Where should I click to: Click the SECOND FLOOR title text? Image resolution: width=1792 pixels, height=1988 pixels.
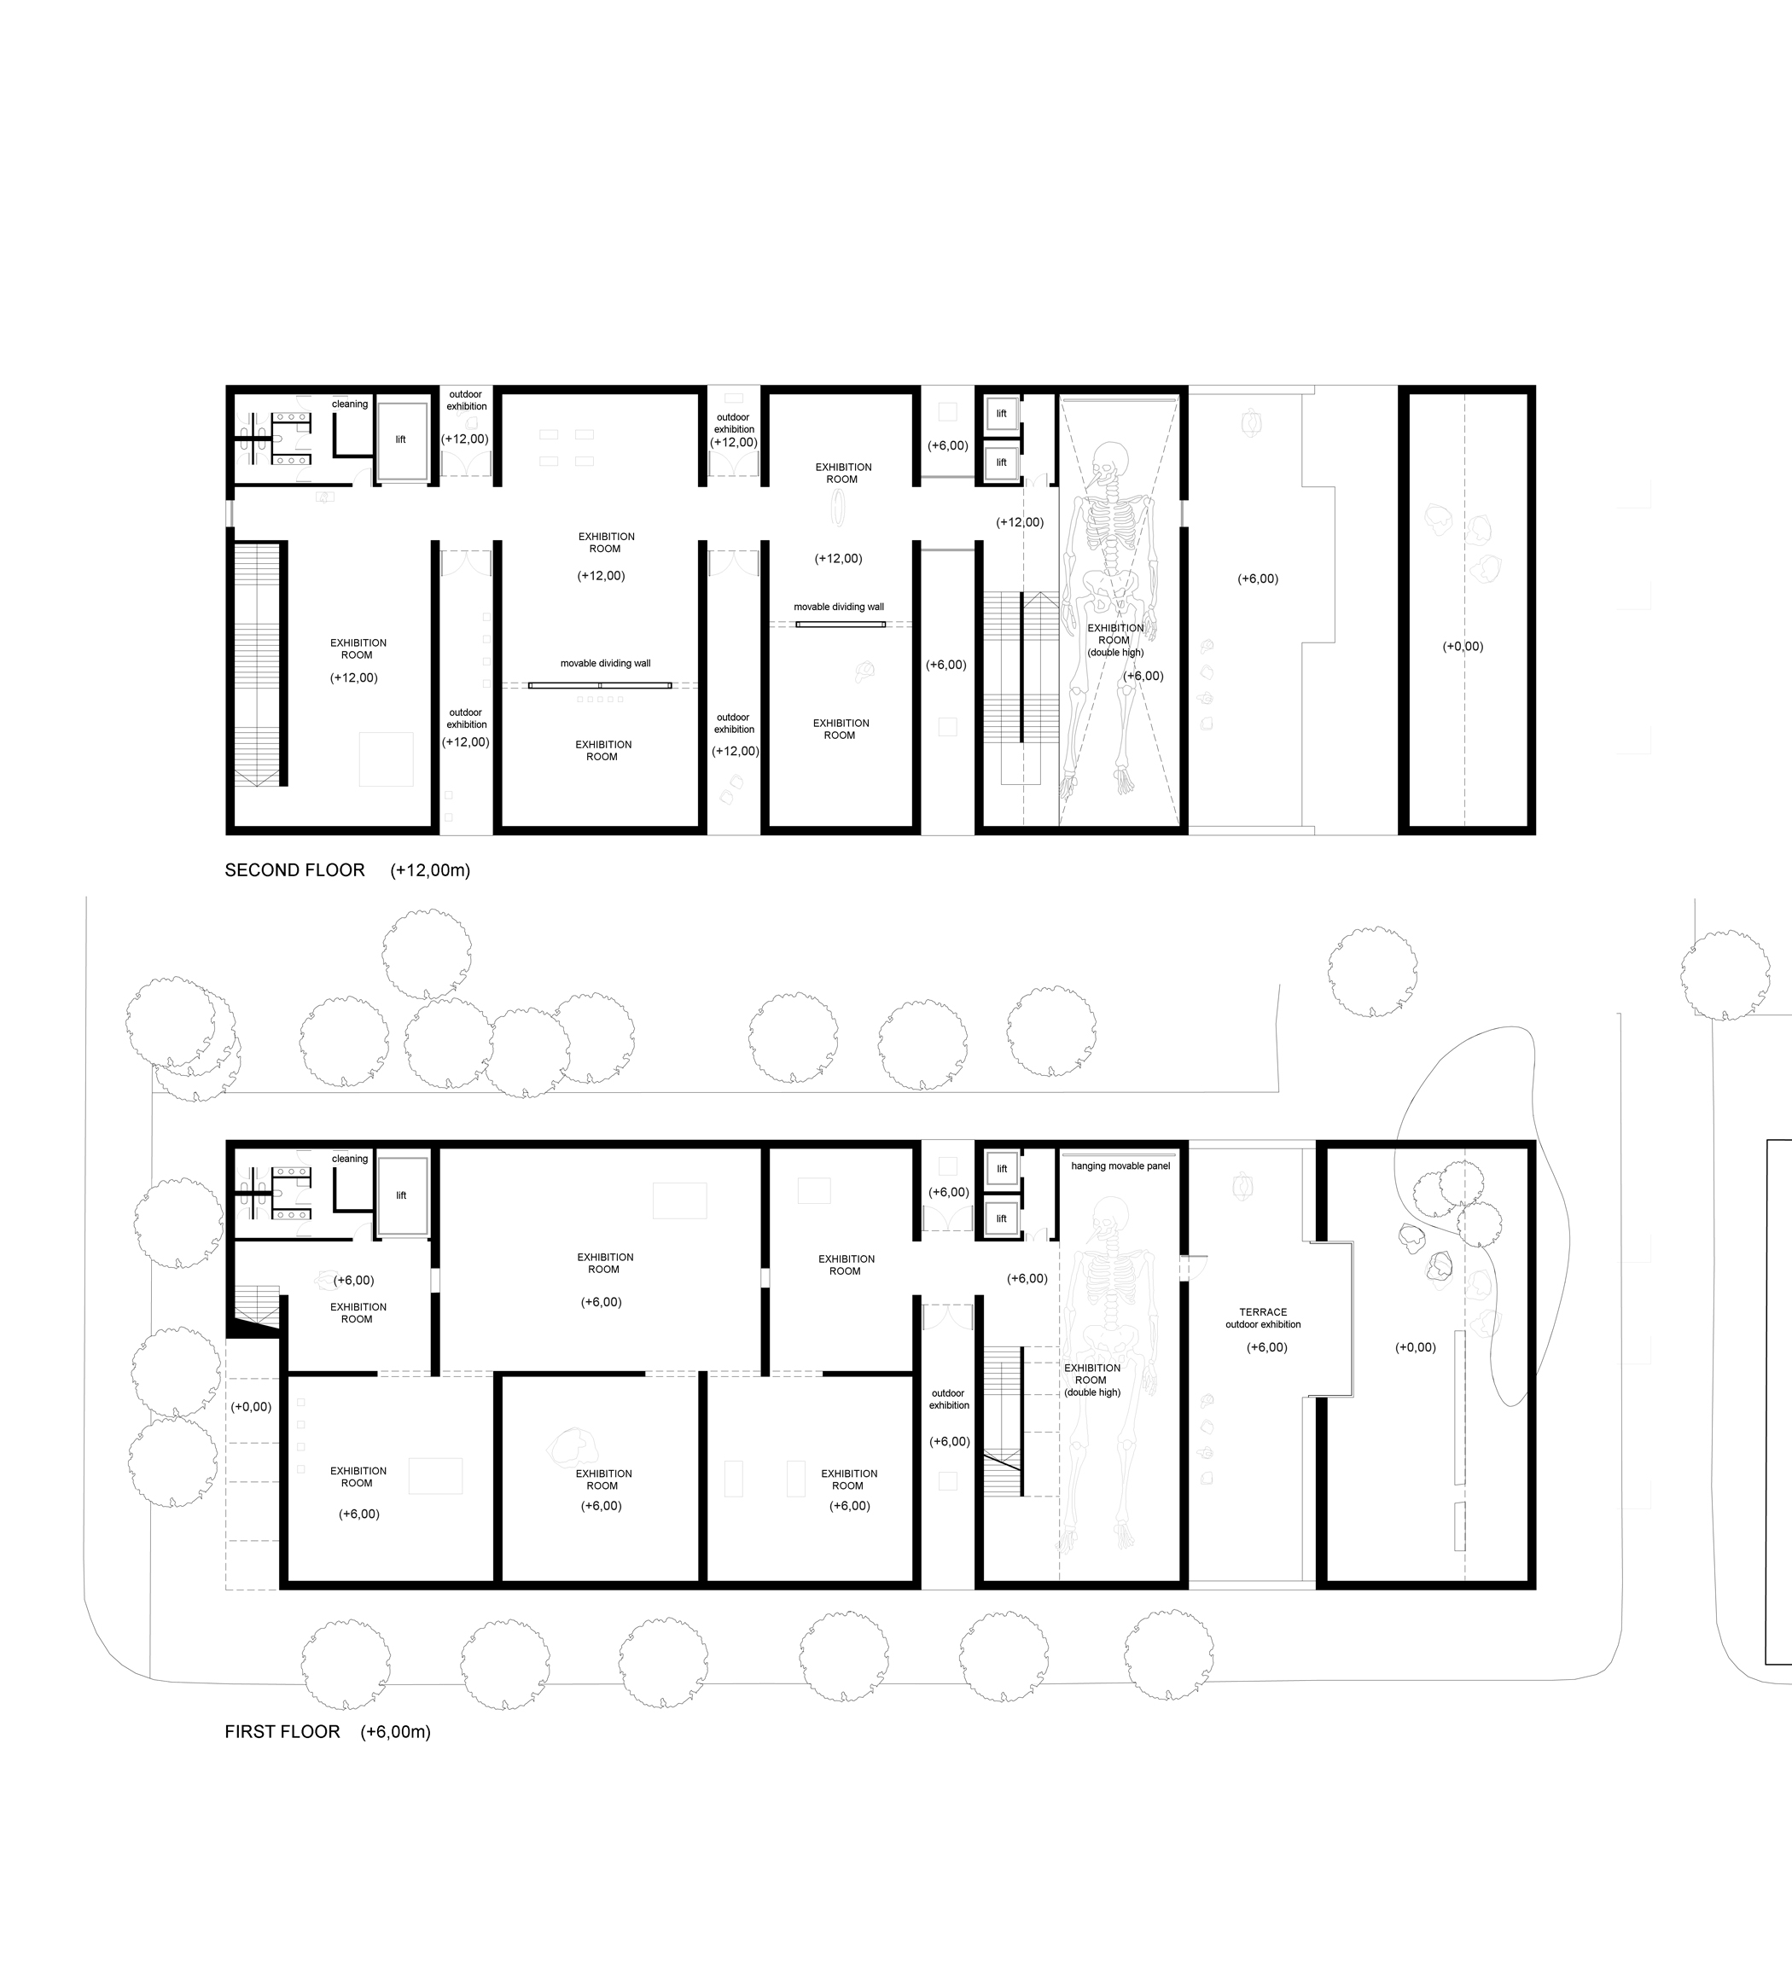click(294, 870)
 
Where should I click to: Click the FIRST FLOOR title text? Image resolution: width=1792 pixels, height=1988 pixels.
click(282, 1732)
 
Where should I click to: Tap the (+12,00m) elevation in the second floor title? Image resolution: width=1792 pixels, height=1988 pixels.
click(430, 870)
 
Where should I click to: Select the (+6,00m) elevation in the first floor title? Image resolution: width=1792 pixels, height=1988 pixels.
click(396, 1732)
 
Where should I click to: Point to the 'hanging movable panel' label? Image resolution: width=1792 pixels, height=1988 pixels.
click(1120, 1165)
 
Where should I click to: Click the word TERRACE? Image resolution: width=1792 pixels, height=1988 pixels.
click(1263, 1311)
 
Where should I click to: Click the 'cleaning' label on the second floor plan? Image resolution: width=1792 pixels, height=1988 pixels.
click(350, 404)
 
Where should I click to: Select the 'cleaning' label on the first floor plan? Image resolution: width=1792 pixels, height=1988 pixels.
click(350, 1158)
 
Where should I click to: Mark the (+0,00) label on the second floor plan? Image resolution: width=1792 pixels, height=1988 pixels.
click(1463, 646)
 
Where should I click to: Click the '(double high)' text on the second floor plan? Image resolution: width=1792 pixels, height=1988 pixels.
click(1115, 652)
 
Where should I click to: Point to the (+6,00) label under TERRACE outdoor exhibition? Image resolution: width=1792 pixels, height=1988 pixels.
click(1267, 1347)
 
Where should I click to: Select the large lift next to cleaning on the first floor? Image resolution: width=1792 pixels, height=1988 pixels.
click(402, 1195)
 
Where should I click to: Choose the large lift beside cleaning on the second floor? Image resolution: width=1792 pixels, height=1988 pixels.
click(402, 440)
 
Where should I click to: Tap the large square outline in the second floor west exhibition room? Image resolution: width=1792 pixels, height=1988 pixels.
click(386, 759)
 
